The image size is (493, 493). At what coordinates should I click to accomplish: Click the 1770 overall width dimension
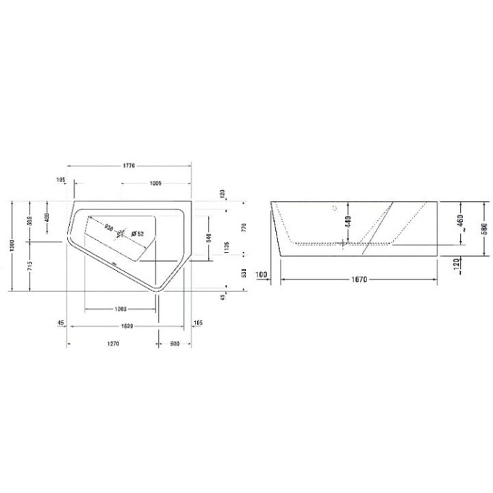click(x=129, y=165)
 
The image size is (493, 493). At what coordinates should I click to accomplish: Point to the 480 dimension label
click(x=47, y=217)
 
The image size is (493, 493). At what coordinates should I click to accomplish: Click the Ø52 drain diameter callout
click(x=136, y=234)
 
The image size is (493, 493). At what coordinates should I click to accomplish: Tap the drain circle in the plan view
click(x=122, y=234)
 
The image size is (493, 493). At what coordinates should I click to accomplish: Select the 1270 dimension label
click(x=113, y=344)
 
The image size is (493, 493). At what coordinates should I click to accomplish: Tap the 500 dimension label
click(x=174, y=344)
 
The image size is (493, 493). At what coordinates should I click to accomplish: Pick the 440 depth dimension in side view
click(x=349, y=222)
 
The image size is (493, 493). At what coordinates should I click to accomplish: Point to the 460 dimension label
click(x=461, y=222)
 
